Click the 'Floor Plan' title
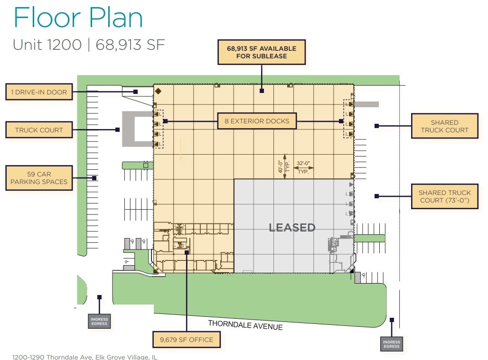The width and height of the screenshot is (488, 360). (x=78, y=18)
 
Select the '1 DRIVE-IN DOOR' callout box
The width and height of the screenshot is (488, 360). (x=39, y=92)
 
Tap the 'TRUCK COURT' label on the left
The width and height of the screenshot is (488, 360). (x=39, y=129)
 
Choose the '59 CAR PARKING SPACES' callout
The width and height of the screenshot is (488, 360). (x=39, y=178)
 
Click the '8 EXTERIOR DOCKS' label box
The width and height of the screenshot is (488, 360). (x=257, y=121)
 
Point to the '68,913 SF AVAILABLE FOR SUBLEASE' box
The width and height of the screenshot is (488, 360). (x=261, y=52)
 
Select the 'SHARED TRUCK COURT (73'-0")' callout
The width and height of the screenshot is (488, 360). (x=445, y=196)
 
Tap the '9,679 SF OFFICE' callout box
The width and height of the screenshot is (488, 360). (x=187, y=339)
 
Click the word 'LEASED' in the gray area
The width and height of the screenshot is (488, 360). (x=292, y=228)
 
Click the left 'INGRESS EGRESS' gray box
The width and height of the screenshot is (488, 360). (x=99, y=322)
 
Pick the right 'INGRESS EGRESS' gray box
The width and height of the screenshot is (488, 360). (x=391, y=344)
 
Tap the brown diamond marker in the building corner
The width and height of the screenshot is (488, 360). (x=159, y=91)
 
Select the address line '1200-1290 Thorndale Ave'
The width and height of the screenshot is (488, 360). (x=84, y=357)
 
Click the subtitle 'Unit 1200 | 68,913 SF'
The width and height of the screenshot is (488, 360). (x=89, y=45)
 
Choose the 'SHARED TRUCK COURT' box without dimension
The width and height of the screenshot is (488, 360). (x=444, y=126)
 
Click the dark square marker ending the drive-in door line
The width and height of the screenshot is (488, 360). (x=135, y=92)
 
